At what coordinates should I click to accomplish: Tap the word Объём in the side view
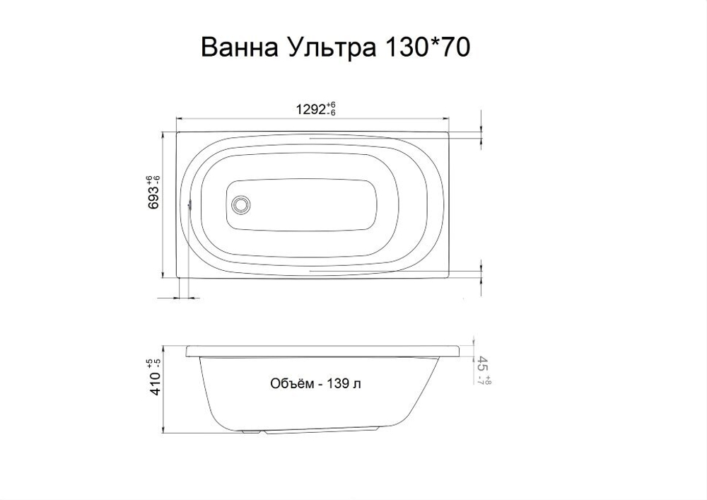(291, 384)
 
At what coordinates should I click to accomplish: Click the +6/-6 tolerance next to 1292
(331, 109)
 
